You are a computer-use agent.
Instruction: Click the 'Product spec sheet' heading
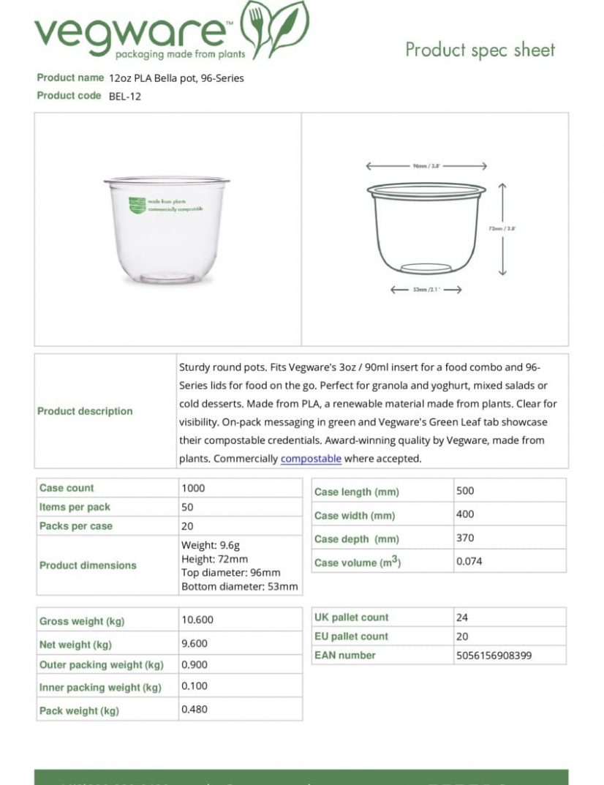pyautogui.click(x=480, y=50)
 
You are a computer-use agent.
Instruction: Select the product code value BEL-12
pyautogui.click(x=124, y=96)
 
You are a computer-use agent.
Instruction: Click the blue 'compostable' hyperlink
pyautogui.click(x=311, y=459)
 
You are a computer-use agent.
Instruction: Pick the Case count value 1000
pyautogui.click(x=193, y=488)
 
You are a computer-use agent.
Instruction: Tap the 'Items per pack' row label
pyautogui.click(x=75, y=507)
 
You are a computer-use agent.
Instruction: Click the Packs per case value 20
pyautogui.click(x=187, y=526)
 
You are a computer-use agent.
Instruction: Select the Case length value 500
pyautogui.click(x=465, y=491)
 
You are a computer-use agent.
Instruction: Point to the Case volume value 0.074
pyautogui.click(x=469, y=562)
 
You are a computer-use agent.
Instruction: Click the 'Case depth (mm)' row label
pyautogui.click(x=356, y=539)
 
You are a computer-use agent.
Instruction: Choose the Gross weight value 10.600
pyautogui.click(x=197, y=620)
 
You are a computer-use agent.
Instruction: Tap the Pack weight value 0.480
pyautogui.click(x=195, y=710)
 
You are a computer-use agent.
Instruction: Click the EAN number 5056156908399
pyautogui.click(x=494, y=656)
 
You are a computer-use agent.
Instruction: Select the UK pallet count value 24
pyautogui.click(x=461, y=617)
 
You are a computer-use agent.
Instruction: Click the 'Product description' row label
pyautogui.click(x=85, y=411)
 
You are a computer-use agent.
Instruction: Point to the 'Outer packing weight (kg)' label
pyautogui.click(x=101, y=665)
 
